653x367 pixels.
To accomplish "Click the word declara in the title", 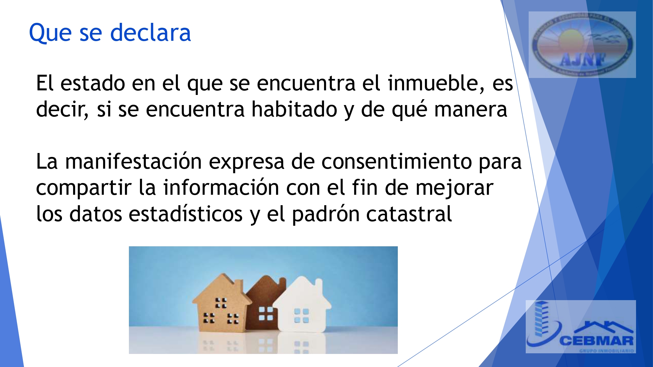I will point(150,33).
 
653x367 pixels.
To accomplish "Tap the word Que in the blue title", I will point(50,33).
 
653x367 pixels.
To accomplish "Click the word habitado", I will point(294,109).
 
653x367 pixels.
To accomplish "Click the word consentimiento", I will point(396,161).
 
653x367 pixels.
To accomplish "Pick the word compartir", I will point(84,189).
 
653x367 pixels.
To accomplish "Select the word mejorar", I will point(454,188).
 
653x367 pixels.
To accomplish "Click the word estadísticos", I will point(185,214).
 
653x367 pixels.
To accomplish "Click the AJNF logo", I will point(582,45).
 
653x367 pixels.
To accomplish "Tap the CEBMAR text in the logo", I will point(596,341).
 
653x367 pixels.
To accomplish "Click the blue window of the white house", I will point(301,315).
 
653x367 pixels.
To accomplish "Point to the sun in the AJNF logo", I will point(571,40).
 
